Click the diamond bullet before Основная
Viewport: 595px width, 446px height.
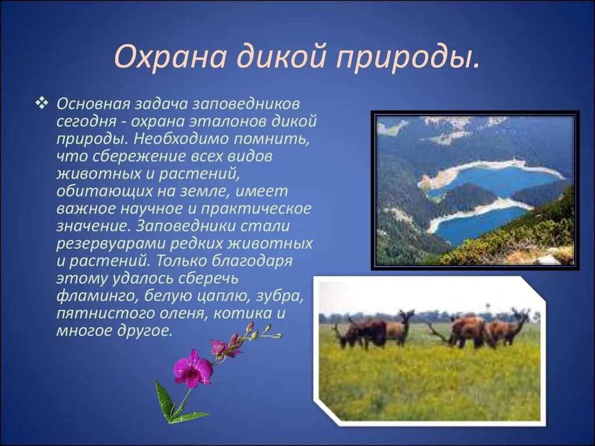(41, 103)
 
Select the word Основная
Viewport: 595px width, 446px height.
(94, 103)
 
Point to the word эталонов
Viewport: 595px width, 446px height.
(229, 121)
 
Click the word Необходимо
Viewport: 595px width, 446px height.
(181, 139)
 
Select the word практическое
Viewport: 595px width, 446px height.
(256, 209)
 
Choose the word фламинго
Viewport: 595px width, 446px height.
(98, 296)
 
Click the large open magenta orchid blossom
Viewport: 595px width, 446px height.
(192, 368)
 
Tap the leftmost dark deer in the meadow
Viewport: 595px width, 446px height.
(360, 333)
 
